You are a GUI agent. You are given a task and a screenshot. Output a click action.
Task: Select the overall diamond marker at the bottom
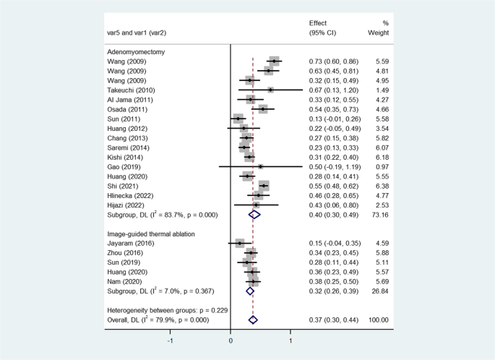[x=253, y=320]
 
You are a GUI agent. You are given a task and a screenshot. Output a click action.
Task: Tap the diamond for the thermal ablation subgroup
[x=250, y=291]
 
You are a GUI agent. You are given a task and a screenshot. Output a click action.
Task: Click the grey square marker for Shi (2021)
[x=264, y=186]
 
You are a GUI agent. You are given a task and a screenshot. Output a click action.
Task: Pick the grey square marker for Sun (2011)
[x=238, y=118]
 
